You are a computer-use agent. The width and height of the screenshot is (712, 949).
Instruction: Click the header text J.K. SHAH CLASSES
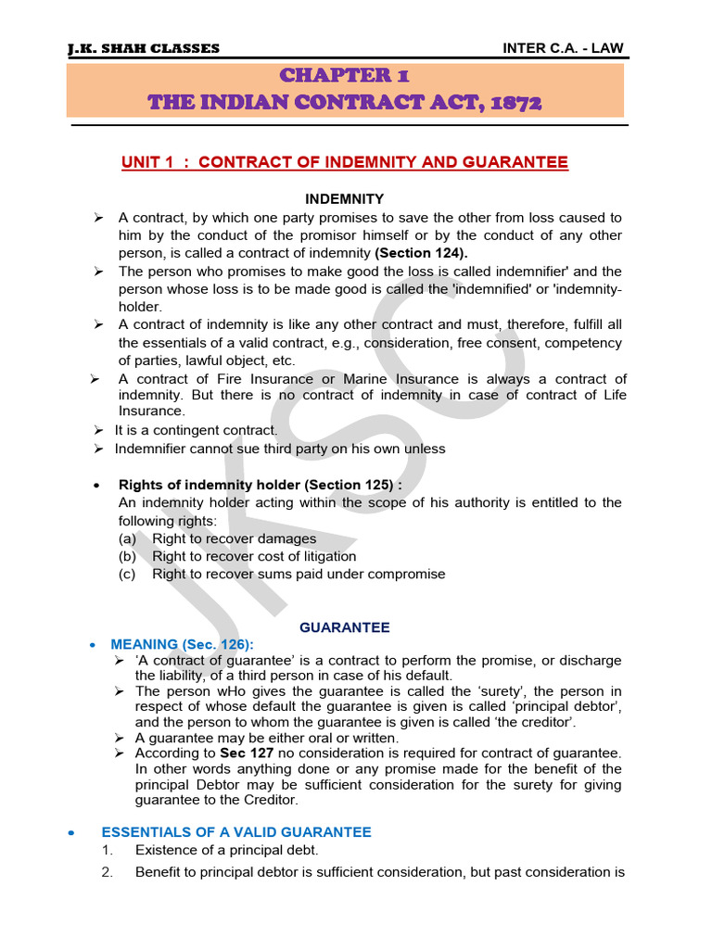coord(144,48)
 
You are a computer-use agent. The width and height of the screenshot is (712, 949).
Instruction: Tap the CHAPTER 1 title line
coord(345,75)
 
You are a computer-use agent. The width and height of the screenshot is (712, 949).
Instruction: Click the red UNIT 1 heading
coord(345,162)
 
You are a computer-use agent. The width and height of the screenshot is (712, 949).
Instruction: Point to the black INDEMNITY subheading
coord(345,199)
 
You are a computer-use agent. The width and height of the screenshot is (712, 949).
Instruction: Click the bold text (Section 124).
coord(421,253)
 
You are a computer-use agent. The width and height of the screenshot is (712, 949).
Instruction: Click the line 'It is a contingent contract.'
coord(196,430)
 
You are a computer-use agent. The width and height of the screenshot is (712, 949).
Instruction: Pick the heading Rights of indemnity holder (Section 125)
coord(261,485)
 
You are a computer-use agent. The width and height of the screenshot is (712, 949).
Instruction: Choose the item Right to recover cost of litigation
coord(254,556)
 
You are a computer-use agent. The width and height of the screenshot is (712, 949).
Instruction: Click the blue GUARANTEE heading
coord(345,627)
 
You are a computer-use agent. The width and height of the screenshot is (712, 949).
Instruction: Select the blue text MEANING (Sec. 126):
coord(182,644)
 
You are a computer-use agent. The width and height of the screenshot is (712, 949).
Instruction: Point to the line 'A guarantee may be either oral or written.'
coord(267,738)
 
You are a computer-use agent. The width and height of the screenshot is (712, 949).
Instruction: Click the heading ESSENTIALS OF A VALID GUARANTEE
coord(236,832)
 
